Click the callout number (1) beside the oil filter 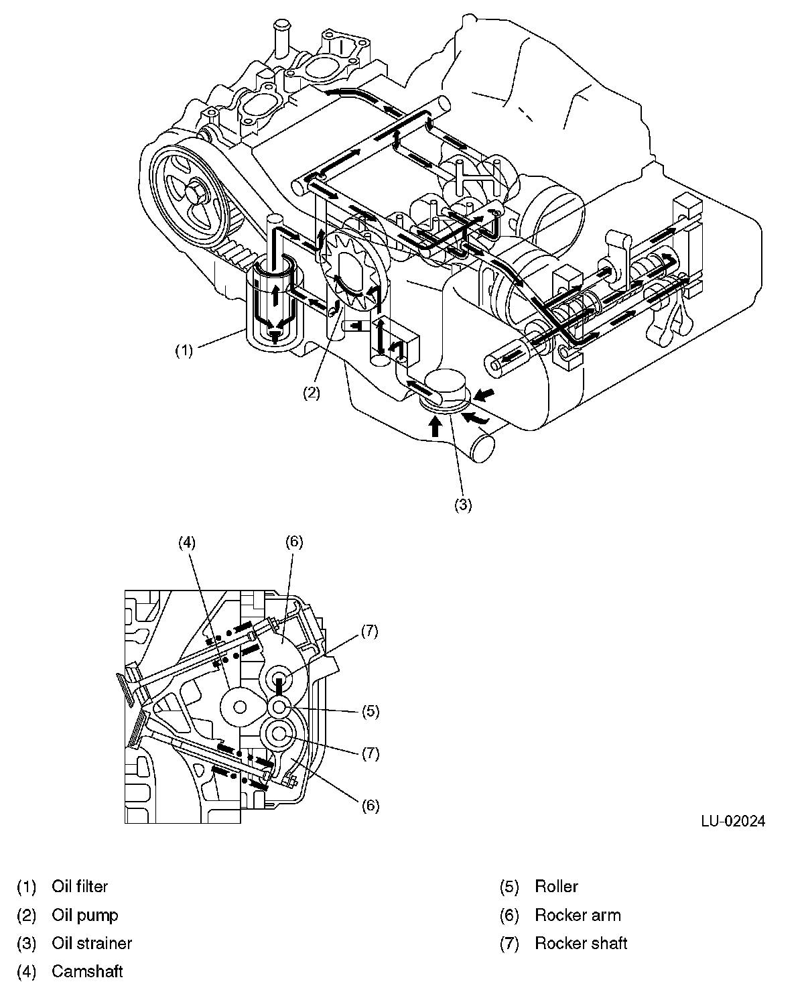tap(184, 349)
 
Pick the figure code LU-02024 tap(733, 821)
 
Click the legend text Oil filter tap(80, 886)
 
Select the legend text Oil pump tap(85, 915)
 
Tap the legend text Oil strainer tap(92, 943)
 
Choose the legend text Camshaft tap(87, 971)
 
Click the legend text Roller tap(556, 886)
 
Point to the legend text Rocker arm tap(578, 915)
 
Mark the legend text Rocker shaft tap(581, 943)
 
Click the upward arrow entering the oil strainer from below tap(435, 426)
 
